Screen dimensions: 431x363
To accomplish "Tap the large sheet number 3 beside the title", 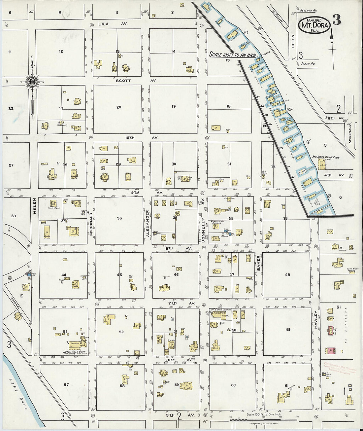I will click(336, 20).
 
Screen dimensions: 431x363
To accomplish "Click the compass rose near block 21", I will click(32, 82).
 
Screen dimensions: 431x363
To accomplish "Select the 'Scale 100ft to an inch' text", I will click(232, 54).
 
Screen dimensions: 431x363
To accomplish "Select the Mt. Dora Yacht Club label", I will click(326, 158).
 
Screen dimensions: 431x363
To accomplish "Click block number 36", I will click(119, 218).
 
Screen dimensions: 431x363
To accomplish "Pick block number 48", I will click(287, 275).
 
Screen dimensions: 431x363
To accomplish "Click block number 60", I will click(233, 385).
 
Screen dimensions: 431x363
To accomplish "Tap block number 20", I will click(119, 107).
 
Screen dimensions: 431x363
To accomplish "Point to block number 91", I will click(338, 307).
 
